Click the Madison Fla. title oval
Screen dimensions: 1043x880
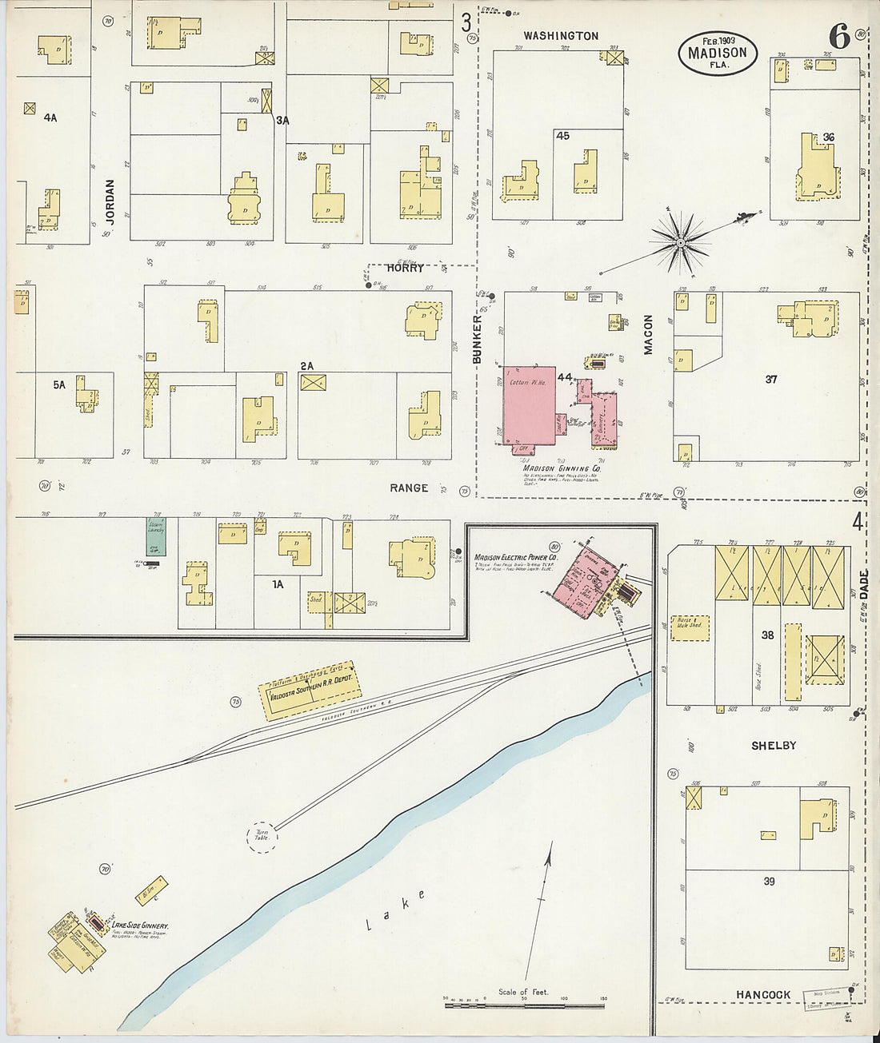coord(718,53)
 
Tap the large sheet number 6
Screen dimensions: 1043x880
coord(838,37)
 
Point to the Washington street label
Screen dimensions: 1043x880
coord(561,36)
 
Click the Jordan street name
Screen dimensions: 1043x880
coord(110,201)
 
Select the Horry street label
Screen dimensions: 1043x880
coord(406,269)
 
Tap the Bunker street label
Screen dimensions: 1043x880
coord(478,340)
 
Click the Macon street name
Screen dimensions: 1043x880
coord(649,334)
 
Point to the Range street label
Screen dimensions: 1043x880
coord(409,488)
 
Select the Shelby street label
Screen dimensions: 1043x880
coord(774,746)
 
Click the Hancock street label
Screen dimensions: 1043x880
coord(763,995)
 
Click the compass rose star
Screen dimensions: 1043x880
coord(680,241)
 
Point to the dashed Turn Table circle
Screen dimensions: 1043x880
coord(262,837)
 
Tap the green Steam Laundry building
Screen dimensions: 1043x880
coord(156,535)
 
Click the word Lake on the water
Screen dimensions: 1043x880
coord(396,910)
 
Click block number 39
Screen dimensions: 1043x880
coord(769,882)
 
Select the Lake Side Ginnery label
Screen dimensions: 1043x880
coord(140,926)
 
